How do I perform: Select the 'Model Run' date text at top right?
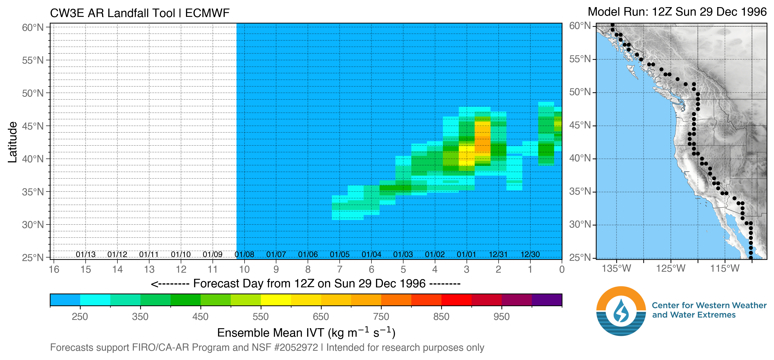point(677,12)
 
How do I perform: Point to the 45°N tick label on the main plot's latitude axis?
point(33,126)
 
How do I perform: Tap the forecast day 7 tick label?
point(339,269)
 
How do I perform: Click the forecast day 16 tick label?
point(54,269)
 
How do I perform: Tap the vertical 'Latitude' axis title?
point(13,142)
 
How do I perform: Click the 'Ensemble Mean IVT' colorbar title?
point(306,333)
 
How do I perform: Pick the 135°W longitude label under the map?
point(616,268)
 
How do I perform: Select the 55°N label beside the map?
point(580,59)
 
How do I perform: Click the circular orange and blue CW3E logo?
point(621,311)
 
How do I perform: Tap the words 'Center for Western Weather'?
point(709,305)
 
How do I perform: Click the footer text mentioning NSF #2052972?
point(267,348)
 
